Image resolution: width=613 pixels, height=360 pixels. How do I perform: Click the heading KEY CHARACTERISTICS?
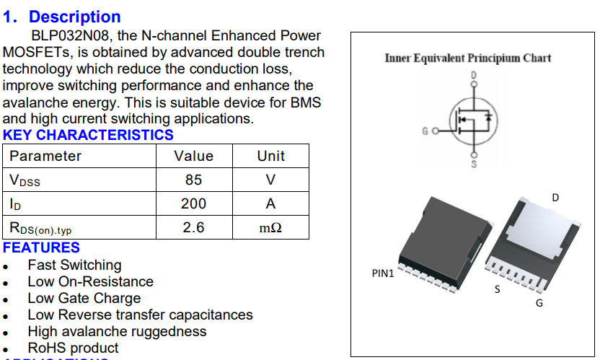pyautogui.click(x=88, y=135)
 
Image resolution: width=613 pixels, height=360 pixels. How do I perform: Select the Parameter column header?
pyautogui.click(x=45, y=156)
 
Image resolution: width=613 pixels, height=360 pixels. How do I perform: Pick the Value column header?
pyautogui.click(x=193, y=156)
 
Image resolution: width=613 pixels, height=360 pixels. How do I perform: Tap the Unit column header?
pyautogui.click(x=270, y=156)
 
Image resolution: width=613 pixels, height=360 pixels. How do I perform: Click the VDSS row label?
pyautogui.click(x=25, y=180)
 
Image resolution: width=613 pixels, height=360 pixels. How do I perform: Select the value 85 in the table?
pyautogui.click(x=193, y=180)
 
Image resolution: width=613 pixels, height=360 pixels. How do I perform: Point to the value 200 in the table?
pyautogui.click(x=193, y=203)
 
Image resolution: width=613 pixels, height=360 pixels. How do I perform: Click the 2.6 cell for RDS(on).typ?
pyautogui.click(x=193, y=227)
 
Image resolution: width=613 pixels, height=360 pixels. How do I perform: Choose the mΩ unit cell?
pyautogui.click(x=270, y=228)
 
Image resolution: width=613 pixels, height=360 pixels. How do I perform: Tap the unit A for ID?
pyautogui.click(x=270, y=204)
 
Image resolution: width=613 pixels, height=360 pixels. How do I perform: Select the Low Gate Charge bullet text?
pyautogui.click(x=84, y=298)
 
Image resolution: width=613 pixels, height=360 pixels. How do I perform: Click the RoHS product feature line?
pyautogui.click(x=73, y=348)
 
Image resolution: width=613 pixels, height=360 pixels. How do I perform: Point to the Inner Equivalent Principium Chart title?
pyautogui.click(x=468, y=58)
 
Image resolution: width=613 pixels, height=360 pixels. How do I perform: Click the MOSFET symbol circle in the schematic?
pyautogui.click(x=473, y=120)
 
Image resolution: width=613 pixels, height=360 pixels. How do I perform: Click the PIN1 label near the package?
pyautogui.click(x=383, y=274)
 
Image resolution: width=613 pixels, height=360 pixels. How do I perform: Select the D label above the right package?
pyautogui.click(x=555, y=198)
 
